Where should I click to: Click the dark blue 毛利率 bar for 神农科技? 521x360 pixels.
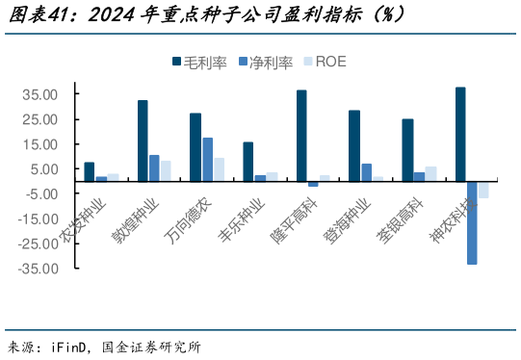point(460,134)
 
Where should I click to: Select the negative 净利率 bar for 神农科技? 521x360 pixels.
point(472,222)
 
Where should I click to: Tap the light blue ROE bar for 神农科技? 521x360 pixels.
point(483,190)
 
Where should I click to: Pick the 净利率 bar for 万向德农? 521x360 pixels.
point(207,160)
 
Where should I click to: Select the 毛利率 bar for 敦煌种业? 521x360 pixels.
point(143,141)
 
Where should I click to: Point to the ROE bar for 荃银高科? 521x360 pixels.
point(430,174)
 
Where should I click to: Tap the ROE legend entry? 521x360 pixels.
point(323,62)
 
